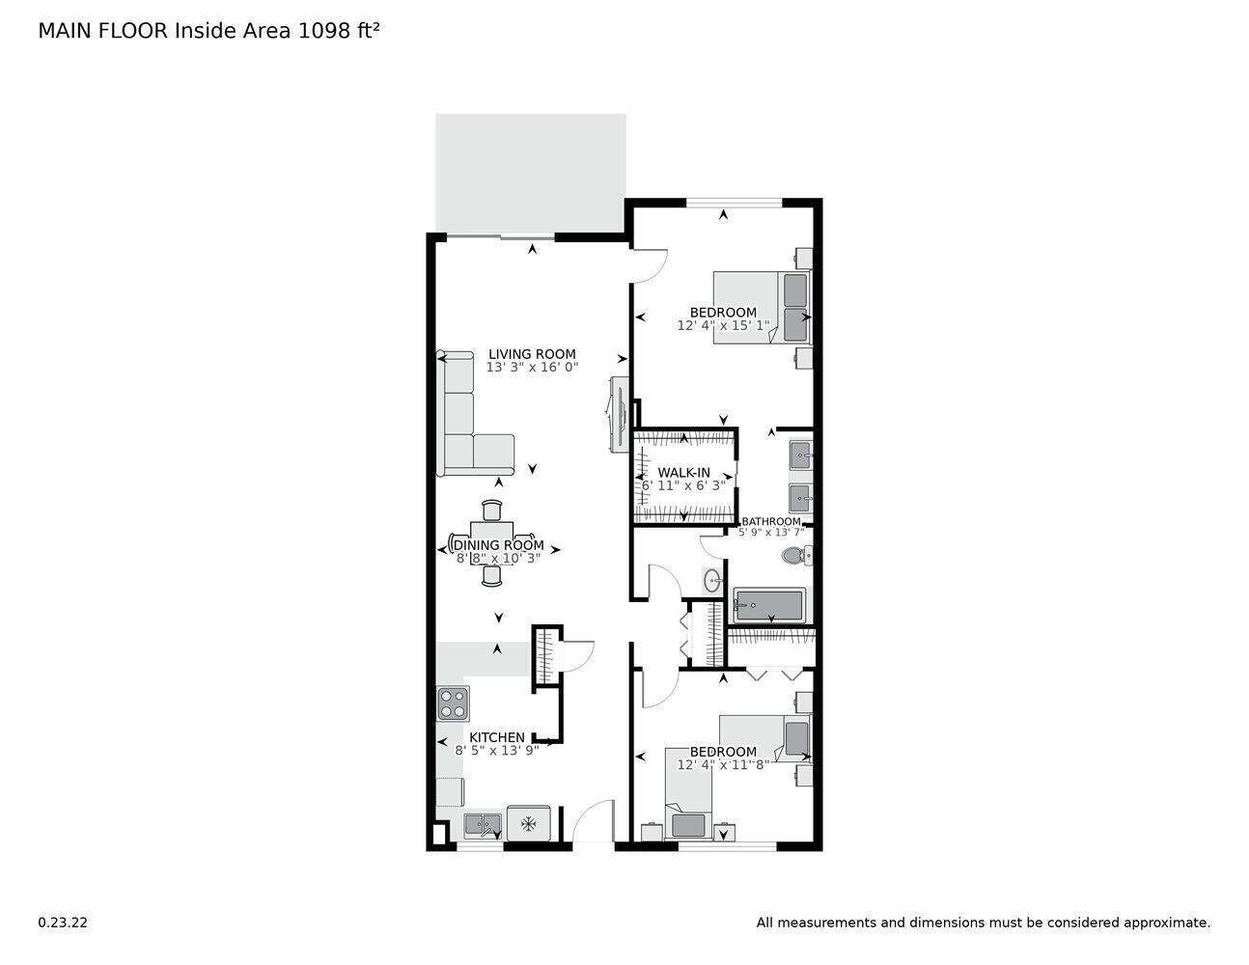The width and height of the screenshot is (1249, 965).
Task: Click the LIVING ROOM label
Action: [x=532, y=354]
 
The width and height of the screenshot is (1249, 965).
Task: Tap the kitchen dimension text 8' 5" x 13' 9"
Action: [x=497, y=751]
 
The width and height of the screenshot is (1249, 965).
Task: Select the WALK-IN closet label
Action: [x=683, y=473]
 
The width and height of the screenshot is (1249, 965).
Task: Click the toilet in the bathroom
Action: [x=795, y=557]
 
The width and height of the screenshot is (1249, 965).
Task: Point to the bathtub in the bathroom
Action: [x=769, y=606]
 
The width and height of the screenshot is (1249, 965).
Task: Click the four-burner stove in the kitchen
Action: [x=452, y=703]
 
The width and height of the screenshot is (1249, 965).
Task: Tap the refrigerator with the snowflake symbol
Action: [x=528, y=823]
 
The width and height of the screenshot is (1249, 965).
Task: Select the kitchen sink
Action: [x=482, y=825]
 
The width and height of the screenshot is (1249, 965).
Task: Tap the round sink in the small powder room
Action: [x=711, y=581]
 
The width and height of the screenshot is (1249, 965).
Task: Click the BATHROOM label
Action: [x=771, y=522]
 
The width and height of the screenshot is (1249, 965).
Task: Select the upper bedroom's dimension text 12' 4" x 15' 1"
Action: [x=723, y=326]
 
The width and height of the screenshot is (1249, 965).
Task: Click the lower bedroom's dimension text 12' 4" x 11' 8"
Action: [x=723, y=765]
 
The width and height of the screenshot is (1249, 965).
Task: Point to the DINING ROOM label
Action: [x=498, y=545]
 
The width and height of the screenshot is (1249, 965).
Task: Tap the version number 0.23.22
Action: [x=63, y=923]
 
